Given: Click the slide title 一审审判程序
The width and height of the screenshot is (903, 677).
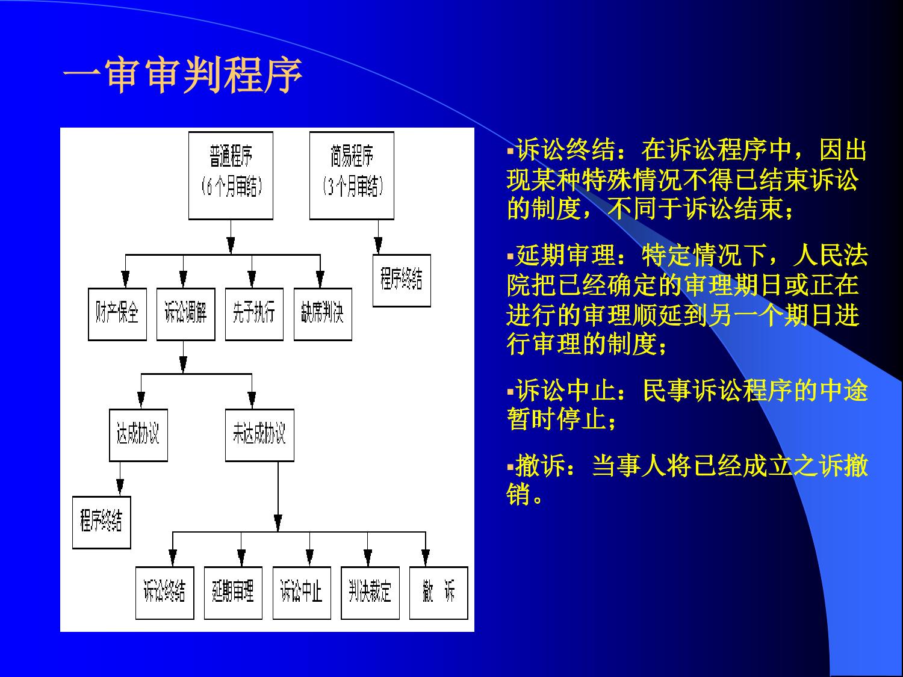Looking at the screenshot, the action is (x=183, y=75).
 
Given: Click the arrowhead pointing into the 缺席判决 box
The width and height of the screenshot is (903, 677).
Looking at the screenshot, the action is (x=320, y=279).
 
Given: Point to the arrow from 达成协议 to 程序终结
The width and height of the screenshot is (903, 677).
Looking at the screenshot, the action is (x=120, y=479).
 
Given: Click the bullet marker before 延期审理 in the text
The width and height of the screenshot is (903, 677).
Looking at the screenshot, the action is (x=510, y=257).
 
